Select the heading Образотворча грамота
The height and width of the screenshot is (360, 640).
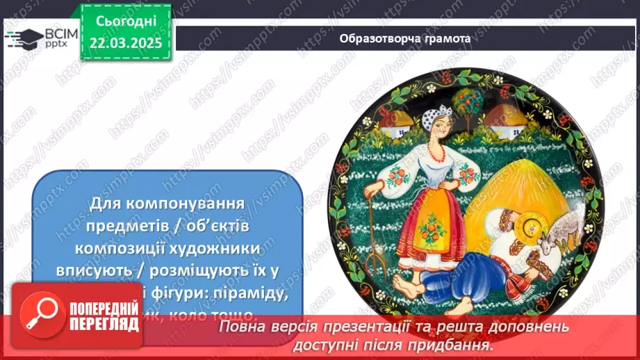coord(404,39)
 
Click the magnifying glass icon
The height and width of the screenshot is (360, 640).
coord(41,318)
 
